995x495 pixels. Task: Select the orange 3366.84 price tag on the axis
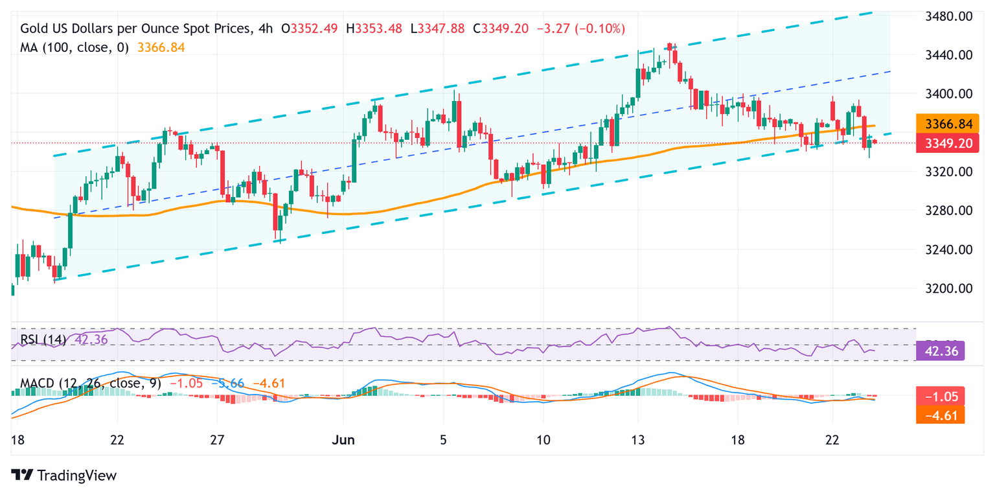[941, 124]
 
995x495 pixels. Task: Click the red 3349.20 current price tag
[941, 143]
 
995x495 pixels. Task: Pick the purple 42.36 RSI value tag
[941, 351]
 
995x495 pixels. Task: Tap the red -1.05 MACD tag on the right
[941, 395]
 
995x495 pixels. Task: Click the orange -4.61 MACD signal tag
[941, 414]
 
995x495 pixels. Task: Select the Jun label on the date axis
[343, 440]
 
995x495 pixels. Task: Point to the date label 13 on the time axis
[637, 440]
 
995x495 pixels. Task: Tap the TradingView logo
[64, 476]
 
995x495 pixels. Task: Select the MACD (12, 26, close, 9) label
[85, 384]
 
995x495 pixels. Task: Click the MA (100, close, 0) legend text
[74, 47]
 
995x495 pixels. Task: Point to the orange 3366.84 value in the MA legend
[161, 47]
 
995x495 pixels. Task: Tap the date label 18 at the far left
[18, 440]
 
